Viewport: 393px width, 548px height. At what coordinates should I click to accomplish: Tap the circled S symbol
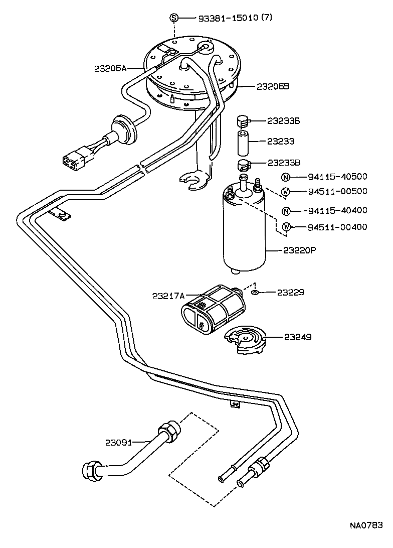pos(174,18)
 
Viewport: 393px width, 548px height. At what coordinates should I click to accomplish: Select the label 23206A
pos(110,68)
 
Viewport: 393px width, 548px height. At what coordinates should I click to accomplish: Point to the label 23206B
pos(273,86)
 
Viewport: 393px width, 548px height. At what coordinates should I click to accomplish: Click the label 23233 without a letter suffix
pos(280,142)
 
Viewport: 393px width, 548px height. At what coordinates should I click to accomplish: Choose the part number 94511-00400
pos(337,227)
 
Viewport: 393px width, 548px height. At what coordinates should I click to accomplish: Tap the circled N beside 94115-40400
pos(285,211)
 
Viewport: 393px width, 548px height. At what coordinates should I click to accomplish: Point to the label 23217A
pos(169,296)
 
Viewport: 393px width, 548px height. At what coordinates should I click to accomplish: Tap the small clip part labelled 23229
pos(255,292)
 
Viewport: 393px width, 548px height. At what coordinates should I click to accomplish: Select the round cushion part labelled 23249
pos(246,340)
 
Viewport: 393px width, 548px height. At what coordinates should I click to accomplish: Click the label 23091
pos(118,443)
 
